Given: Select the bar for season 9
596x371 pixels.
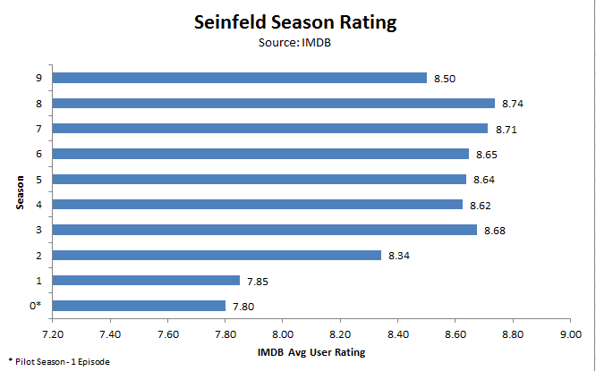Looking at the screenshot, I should pyautogui.click(x=240, y=78).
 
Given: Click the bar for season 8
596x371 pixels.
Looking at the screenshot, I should pyautogui.click(x=274, y=103).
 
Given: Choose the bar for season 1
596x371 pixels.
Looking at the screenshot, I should pyautogui.click(x=146, y=281).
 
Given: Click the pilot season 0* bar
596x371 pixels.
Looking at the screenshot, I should pyautogui.click(x=139, y=306).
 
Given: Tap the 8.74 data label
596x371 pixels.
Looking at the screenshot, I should pyautogui.click(x=513, y=104).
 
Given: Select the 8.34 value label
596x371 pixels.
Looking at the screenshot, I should pyautogui.click(x=399, y=257).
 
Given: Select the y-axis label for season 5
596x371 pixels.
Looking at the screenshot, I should pyautogui.click(x=38, y=179).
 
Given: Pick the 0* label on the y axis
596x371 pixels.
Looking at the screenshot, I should pyautogui.click(x=37, y=306).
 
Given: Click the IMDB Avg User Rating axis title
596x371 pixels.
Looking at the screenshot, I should pyautogui.click(x=311, y=351).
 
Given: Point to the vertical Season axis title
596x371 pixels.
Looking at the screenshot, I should pyautogui.click(x=18, y=191).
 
